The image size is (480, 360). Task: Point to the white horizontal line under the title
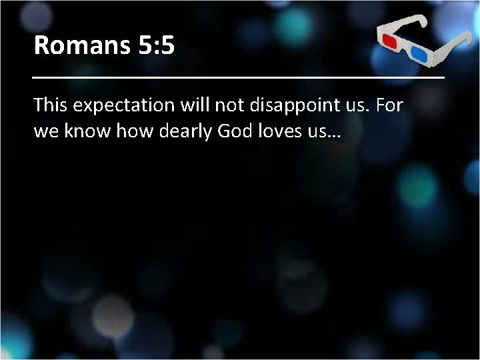(x=239, y=79)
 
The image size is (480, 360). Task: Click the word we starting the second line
(x=46, y=131)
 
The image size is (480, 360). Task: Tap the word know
(x=87, y=131)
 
